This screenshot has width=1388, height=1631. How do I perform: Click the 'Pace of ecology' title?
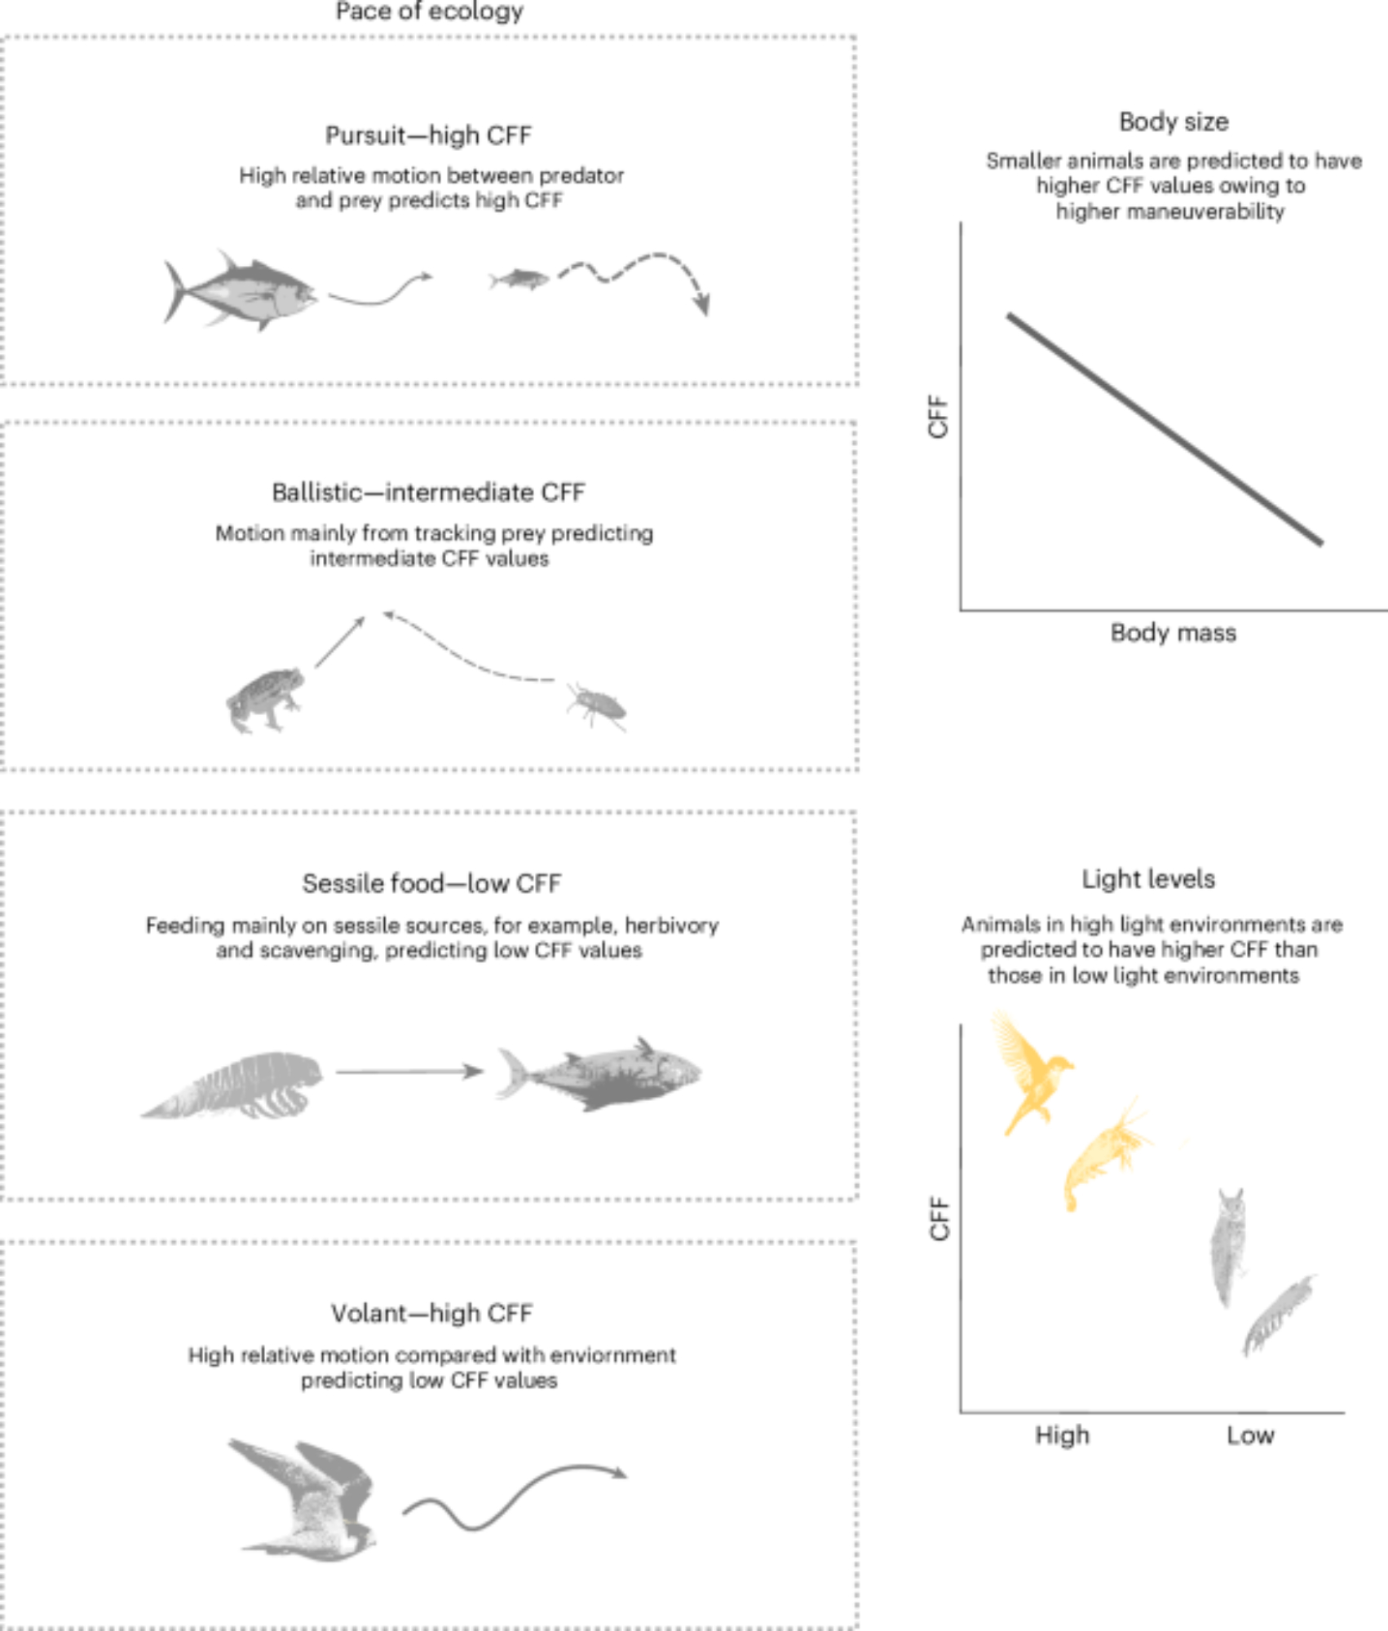429,11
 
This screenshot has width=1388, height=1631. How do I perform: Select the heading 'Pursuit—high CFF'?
429,135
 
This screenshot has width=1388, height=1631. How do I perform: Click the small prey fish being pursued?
519,279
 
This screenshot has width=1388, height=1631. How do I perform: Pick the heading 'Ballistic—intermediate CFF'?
429,493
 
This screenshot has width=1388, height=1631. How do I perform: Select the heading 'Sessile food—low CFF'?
431,883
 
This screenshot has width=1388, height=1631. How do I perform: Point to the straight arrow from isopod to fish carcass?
410,1072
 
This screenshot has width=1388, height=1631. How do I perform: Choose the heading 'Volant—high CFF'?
431,1314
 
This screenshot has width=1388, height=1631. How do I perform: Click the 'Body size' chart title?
1174,122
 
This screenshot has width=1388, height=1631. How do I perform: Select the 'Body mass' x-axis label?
1174,633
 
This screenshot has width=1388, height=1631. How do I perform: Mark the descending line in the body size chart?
1165,429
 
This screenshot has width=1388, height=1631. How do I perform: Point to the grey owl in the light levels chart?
1227,1247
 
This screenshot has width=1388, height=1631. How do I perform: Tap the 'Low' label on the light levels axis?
1250,1436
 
